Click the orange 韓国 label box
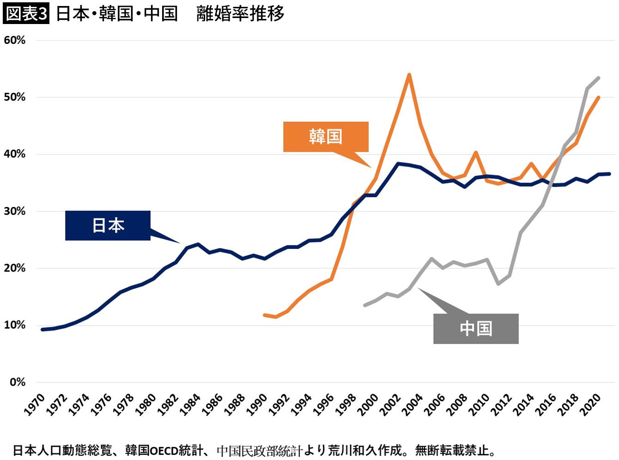coord(326,137)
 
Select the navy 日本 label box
coord(108,225)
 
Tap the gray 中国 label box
coord(476,329)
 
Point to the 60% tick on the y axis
coord(15,40)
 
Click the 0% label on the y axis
coord(18,382)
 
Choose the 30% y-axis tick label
coord(15,211)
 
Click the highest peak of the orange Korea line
coord(409,74)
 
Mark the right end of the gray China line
coord(599,78)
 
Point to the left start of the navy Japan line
coord(42,329)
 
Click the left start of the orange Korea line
coord(264,315)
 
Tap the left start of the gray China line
coord(365,305)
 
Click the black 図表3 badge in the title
coord(26,13)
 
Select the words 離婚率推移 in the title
coord(240,13)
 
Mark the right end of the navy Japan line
coord(610,174)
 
